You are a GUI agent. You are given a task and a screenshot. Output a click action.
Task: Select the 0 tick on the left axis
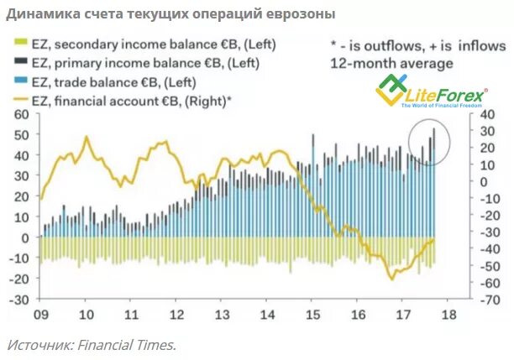[x=26, y=237]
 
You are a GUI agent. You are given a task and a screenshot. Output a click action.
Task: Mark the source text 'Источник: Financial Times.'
[x=92, y=344]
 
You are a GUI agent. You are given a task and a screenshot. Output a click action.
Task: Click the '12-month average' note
[x=391, y=63]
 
